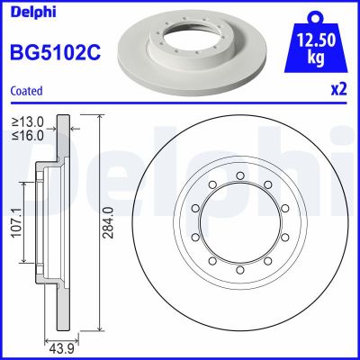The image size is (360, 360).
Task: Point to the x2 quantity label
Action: pos(338,90)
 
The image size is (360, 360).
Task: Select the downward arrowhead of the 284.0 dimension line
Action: pos(99,328)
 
